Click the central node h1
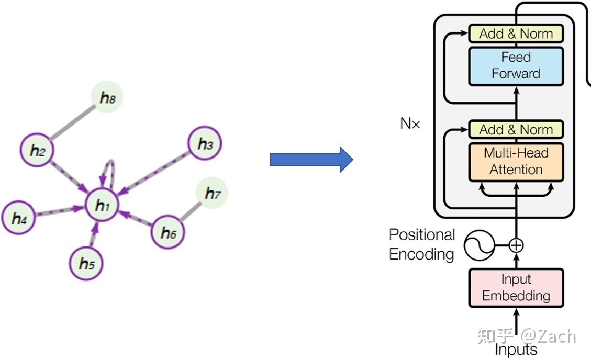coord(103,207)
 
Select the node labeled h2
coord(37,151)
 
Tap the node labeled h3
coord(205,143)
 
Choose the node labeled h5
coord(86,264)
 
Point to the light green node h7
coord(213,194)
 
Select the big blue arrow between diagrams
coord(311,160)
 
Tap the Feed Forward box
coord(516,66)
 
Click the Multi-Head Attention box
coord(516,162)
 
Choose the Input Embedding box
coord(516,288)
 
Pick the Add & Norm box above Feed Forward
coord(516,34)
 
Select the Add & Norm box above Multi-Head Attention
coord(516,130)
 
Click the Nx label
coord(410,125)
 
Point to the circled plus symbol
coord(516,245)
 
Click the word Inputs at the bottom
coord(516,350)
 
